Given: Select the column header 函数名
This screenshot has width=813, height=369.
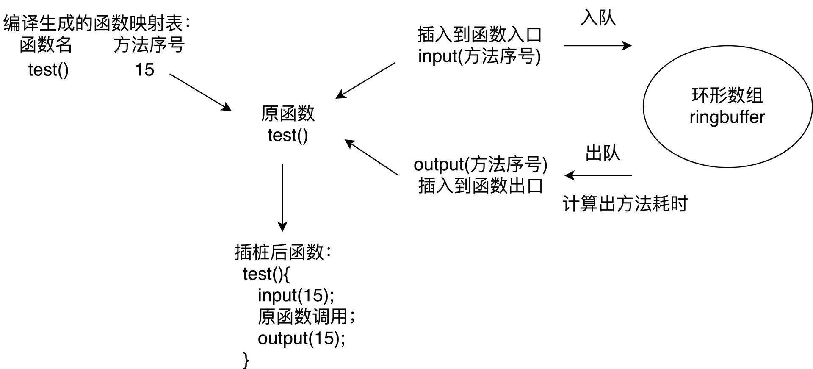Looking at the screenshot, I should click(x=46, y=45).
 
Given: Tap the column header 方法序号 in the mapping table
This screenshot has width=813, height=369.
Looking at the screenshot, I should click(x=149, y=45).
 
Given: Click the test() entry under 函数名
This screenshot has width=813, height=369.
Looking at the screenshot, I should click(x=48, y=70).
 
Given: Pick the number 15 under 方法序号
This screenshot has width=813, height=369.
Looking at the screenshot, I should click(x=144, y=70).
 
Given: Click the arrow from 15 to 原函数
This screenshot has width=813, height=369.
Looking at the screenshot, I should click(x=200, y=92).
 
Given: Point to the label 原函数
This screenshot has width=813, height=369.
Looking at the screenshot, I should click(x=288, y=114).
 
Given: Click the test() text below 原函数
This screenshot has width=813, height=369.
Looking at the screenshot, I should click(x=288, y=136).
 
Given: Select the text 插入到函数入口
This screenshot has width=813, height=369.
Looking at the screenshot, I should click(x=479, y=35).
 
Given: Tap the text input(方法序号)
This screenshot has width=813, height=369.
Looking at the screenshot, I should click(x=479, y=56).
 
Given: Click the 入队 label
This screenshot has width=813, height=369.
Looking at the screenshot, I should click(x=598, y=18).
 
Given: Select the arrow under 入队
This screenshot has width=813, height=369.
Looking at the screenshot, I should click(x=597, y=46).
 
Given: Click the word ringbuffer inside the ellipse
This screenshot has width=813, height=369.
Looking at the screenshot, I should click(x=727, y=117).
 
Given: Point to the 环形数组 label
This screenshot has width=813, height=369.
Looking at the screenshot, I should click(x=727, y=96).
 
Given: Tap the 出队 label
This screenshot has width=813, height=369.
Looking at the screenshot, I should click(x=603, y=153).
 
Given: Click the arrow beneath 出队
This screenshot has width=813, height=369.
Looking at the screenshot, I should click(x=598, y=175).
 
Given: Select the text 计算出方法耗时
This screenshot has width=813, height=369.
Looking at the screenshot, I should click(x=625, y=204).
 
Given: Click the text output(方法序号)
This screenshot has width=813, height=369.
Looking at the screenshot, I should click(x=480, y=164).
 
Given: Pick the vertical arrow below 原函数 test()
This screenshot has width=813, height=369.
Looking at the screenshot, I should click(x=282, y=197).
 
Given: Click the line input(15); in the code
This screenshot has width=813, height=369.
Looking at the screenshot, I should click(x=296, y=295).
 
